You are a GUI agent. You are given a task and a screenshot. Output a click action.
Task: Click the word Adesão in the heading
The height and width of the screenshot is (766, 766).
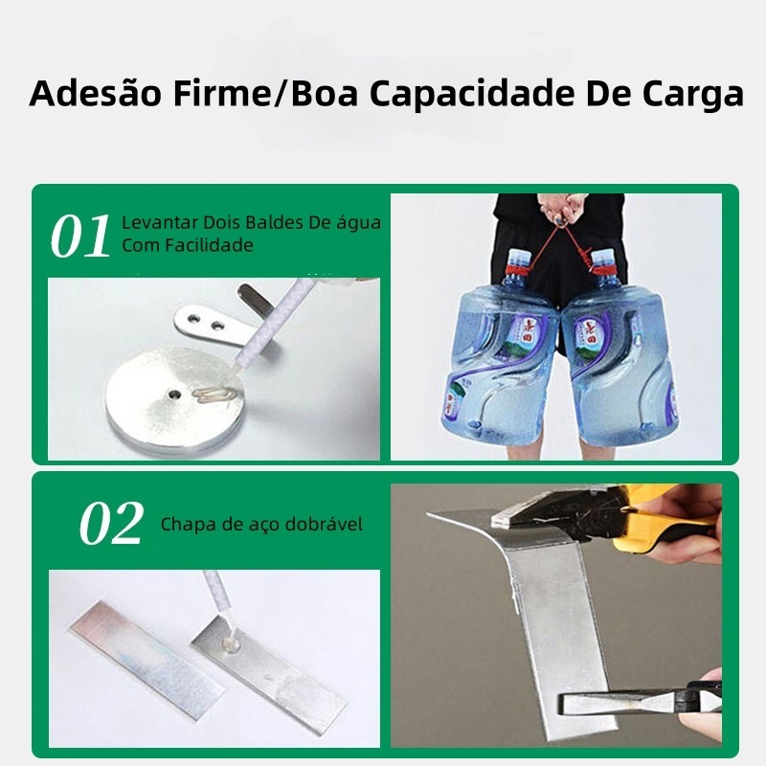(x=95, y=93)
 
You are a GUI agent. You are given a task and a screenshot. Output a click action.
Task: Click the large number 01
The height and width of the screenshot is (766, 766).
(x=80, y=236)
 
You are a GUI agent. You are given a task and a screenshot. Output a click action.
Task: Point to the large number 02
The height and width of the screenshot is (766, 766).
(x=112, y=523)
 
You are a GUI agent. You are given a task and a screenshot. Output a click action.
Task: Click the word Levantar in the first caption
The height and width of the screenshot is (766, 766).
(x=160, y=222)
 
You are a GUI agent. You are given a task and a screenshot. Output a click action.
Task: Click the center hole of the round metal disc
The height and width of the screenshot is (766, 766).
(x=174, y=394)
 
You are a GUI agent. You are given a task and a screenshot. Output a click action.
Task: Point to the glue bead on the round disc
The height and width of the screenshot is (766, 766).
(x=214, y=394)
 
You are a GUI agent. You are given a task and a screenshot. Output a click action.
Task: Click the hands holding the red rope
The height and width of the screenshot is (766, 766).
(x=562, y=208)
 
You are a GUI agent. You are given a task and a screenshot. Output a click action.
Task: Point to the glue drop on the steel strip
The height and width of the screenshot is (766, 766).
(x=230, y=643)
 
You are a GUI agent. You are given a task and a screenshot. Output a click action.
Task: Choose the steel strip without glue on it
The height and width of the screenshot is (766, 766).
(x=146, y=660)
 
